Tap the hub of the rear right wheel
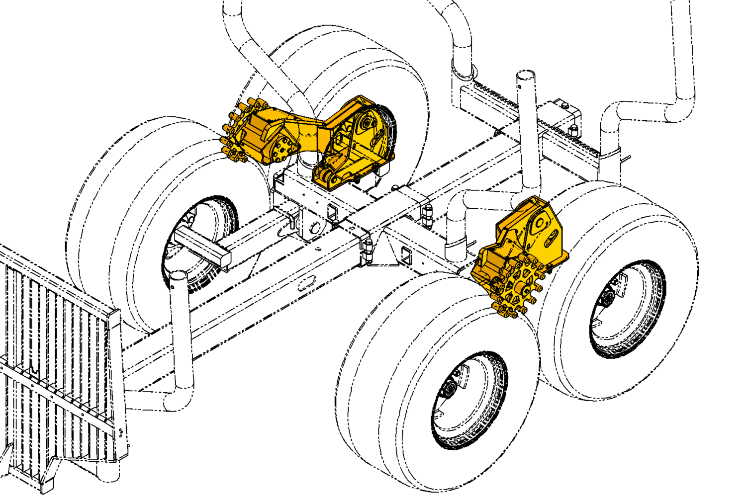click(x=607, y=298)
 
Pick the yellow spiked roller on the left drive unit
click(x=234, y=134)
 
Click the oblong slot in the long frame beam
click(x=304, y=284)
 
